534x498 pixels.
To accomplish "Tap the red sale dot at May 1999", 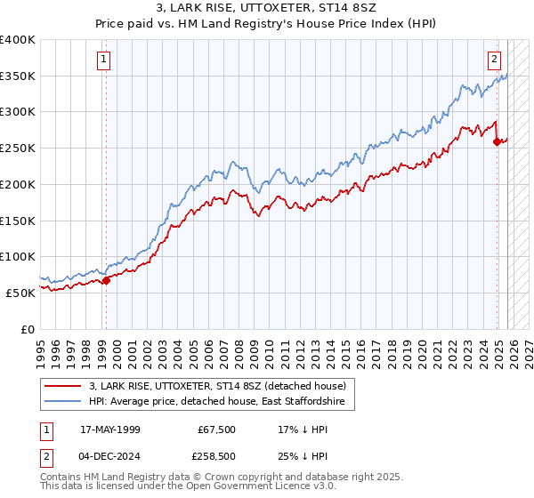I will pyautogui.click(x=106, y=280).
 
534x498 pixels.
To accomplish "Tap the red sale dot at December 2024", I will pyautogui.click(x=498, y=141).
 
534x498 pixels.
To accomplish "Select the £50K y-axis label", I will pyautogui.click(x=20, y=293).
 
